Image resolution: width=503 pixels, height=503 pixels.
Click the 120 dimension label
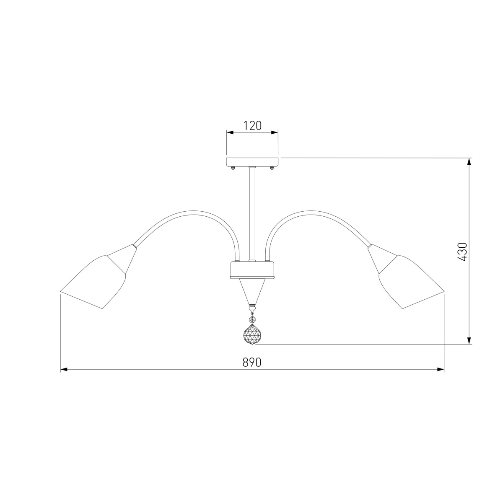[x=252, y=126]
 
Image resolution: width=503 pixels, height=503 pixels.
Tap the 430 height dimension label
[x=462, y=252]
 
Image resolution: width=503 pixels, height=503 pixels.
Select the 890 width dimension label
[x=252, y=362]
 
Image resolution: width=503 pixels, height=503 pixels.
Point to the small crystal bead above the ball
[x=252, y=319]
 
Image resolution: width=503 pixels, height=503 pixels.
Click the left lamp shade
[x=93, y=283]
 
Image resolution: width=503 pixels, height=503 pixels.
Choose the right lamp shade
[x=412, y=283]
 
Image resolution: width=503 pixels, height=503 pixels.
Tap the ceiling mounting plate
[x=252, y=162]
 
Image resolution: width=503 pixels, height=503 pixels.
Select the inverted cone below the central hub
[x=252, y=292]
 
